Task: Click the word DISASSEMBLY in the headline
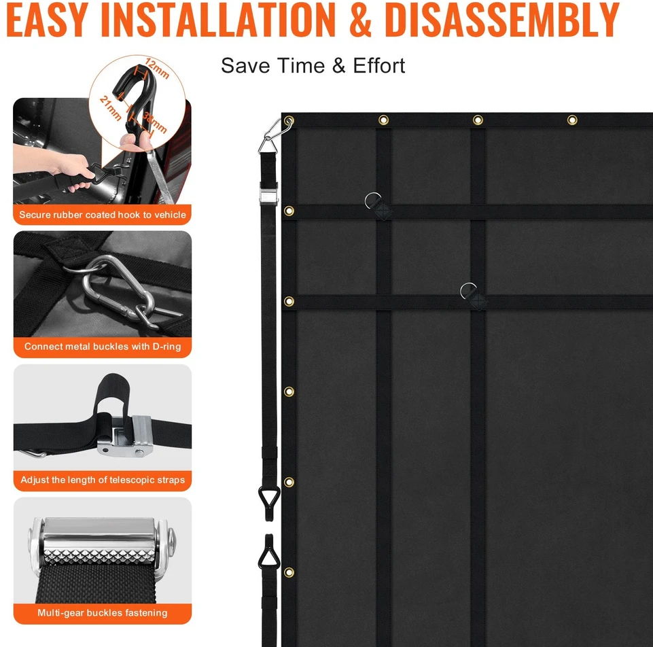click(x=502, y=20)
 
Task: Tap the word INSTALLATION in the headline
click(x=218, y=20)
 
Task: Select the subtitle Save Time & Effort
click(x=313, y=65)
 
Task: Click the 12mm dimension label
click(x=157, y=69)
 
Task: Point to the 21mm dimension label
click(x=110, y=108)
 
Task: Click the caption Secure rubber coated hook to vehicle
click(x=103, y=215)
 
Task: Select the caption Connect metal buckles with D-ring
click(x=103, y=346)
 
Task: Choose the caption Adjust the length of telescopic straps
click(x=103, y=480)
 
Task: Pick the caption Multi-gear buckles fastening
click(x=103, y=612)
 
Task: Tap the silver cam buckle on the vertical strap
click(x=268, y=193)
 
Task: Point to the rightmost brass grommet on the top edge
click(x=572, y=120)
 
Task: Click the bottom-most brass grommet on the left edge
click(x=289, y=572)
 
